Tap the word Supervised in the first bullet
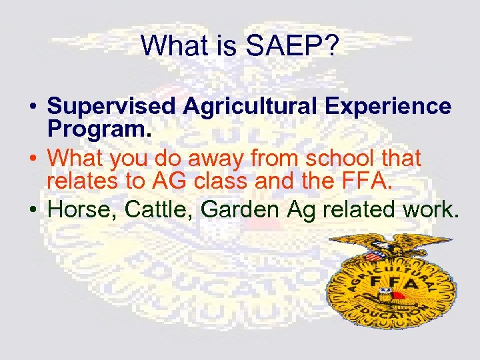tap(110, 106)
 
